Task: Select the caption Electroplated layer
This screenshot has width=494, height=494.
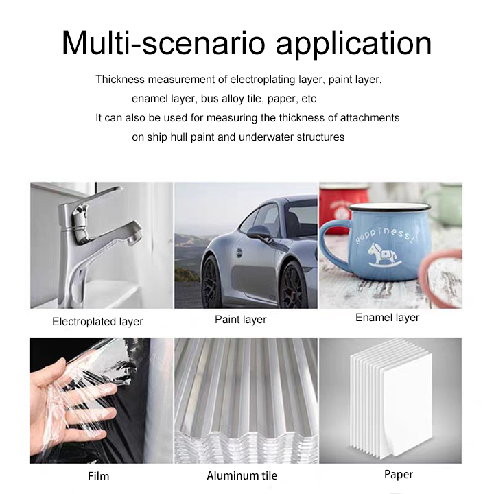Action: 97,322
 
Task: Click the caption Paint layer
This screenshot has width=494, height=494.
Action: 241,320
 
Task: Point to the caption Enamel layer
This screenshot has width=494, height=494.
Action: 387,318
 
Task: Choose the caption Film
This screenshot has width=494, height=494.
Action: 99,476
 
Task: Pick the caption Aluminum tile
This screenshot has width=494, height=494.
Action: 242,475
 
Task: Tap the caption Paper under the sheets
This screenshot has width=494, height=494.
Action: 399,475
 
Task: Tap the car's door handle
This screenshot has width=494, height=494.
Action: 239,252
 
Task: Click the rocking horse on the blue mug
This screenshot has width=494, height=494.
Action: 382,255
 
